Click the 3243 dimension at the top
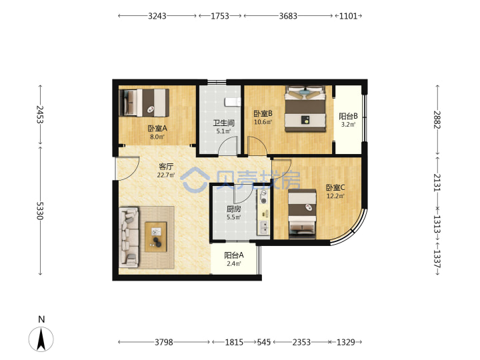(x=157, y=15)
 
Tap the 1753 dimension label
(x=220, y=15)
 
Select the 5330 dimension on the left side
(x=40, y=210)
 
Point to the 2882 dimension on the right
(x=437, y=120)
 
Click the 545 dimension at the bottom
(x=263, y=342)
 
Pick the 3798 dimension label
(x=164, y=342)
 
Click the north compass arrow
(x=41, y=339)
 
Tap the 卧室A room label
(x=157, y=129)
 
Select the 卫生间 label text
(x=224, y=123)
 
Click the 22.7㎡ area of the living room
(x=166, y=175)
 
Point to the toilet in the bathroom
(x=233, y=101)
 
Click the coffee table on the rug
(x=156, y=237)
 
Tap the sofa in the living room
(x=129, y=237)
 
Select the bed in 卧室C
(x=302, y=214)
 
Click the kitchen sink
(x=263, y=227)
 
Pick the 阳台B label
(x=348, y=116)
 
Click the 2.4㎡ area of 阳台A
(x=234, y=263)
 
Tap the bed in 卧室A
(x=144, y=103)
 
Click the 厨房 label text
(x=233, y=209)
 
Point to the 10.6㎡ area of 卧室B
(x=263, y=122)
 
